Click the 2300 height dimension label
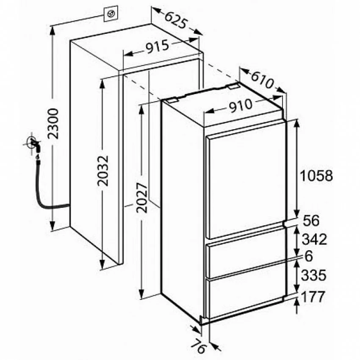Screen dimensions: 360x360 click(x=53, y=124)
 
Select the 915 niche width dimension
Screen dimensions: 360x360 click(x=158, y=47)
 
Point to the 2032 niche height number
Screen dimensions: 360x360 click(x=102, y=171)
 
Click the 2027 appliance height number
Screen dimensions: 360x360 click(x=141, y=198)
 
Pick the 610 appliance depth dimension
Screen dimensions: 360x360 click(x=263, y=80)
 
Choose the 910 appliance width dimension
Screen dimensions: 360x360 click(x=241, y=105)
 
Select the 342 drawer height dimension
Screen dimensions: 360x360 click(x=314, y=239)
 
